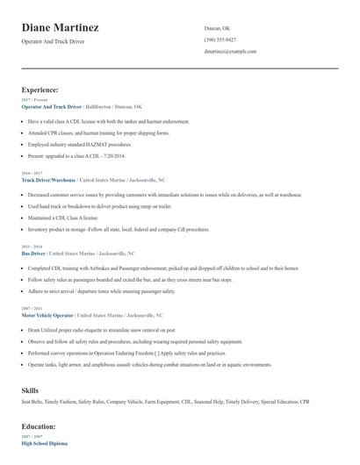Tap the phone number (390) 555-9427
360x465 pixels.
[x=220, y=39]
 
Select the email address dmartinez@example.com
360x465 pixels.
[x=230, y=52]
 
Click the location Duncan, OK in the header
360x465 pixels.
[x=217, y=28]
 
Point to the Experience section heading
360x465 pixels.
[x=40, y=89]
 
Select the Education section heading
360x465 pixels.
[x=40, y=426]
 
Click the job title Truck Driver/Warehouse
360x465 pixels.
[x=50, y=179]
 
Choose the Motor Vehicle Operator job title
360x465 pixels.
[x=47, y=313]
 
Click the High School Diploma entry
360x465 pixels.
[x=44, y=444]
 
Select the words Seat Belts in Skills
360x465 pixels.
[x=33, y=402]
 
